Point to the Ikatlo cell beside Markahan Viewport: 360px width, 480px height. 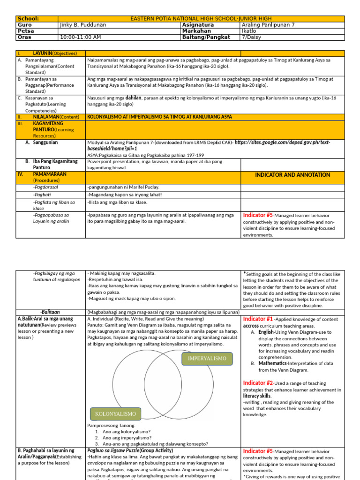249,31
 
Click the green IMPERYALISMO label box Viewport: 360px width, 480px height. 207,358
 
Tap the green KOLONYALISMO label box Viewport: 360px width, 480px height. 115,414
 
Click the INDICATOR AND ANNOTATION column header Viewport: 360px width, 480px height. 292,175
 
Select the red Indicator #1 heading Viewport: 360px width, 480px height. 258,319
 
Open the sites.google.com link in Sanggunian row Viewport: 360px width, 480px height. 277,142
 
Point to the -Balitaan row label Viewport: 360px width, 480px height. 50,312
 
